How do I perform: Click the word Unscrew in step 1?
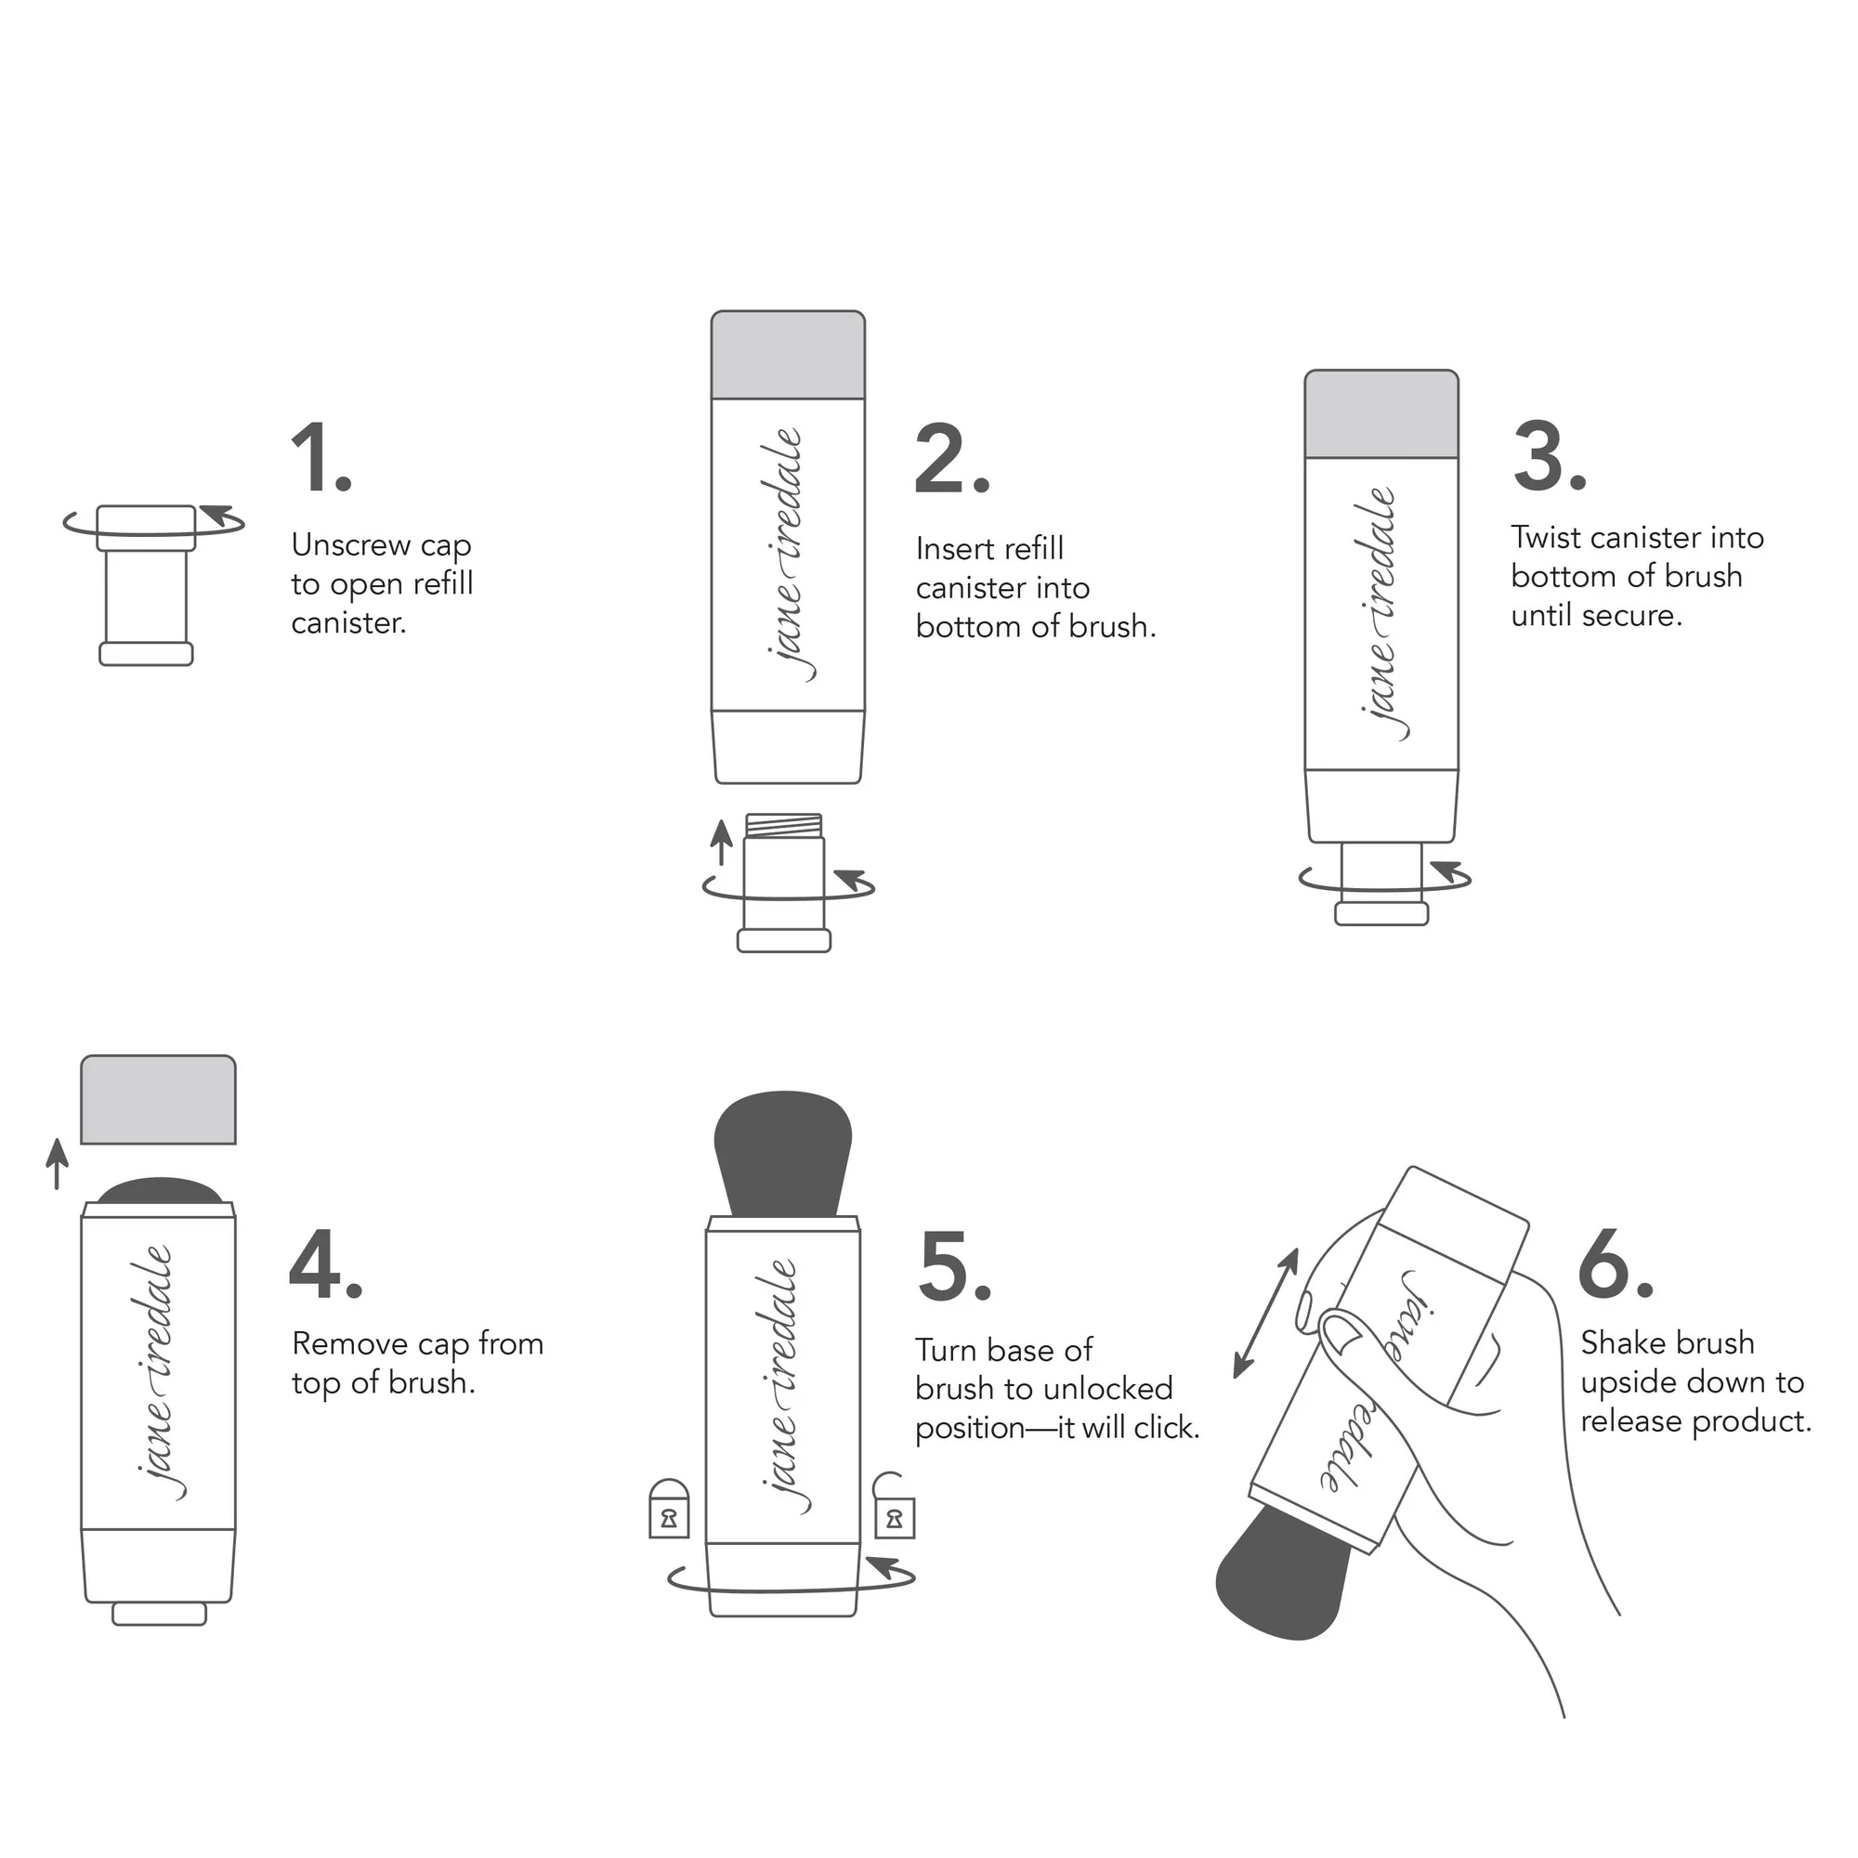coord(351,545)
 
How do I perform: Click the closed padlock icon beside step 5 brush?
coord(668,1511)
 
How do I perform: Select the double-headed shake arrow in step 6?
coord(1266,1313)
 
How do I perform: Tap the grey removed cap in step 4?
coord(158,1100)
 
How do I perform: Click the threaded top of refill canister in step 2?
coord(784,825)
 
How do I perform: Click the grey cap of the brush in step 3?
coord(1381,414)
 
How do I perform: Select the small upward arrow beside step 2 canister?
coord(721,842)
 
